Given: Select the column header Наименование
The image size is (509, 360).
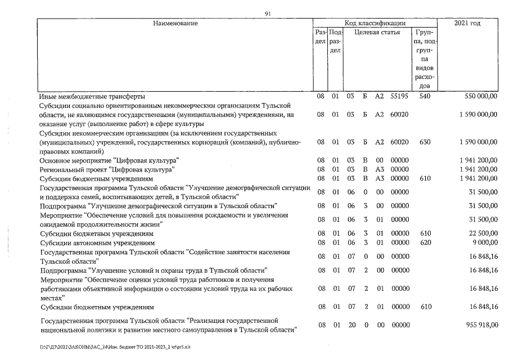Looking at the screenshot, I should [x=174, y=24].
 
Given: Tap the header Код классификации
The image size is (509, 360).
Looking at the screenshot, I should [x=375, y=24].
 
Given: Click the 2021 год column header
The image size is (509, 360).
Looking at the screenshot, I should [x=467, y=24].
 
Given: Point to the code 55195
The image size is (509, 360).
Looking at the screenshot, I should [x=400, y=96].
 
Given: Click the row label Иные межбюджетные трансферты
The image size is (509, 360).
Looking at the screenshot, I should [x=84, y=96].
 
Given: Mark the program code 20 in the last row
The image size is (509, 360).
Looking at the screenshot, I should [x=349, y=325].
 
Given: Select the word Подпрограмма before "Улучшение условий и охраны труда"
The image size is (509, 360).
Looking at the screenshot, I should [x=62, y=270].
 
